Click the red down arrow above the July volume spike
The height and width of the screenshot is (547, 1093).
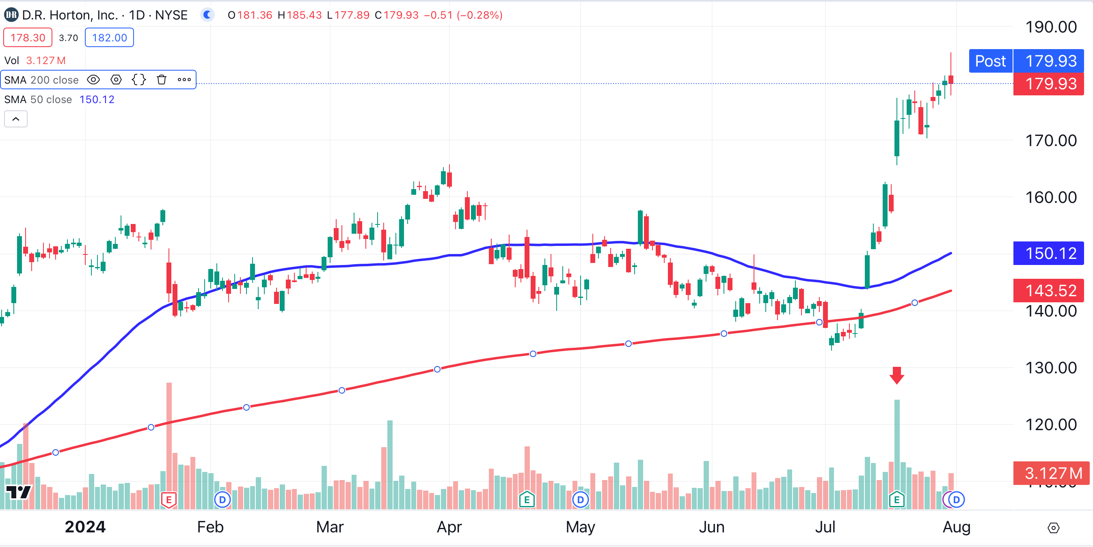point(896,375)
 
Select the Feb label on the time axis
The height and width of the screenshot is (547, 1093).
point(210,527)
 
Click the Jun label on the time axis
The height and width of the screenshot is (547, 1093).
point(712,527)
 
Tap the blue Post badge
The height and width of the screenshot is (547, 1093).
point(990,61)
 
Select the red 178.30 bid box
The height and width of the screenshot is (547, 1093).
point(28,38)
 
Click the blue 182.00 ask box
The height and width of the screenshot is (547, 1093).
point(110,38)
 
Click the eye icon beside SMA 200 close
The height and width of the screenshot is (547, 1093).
point(93,80)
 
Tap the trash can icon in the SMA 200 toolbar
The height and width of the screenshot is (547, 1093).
point(161,80)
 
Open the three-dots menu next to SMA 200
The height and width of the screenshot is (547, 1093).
point(184,80)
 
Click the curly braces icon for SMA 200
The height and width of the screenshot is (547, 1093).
point(139,80)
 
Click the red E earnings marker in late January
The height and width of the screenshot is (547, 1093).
point(169,500)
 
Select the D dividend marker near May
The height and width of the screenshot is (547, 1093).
point(580,500)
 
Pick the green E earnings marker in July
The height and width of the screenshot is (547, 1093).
point(896,500)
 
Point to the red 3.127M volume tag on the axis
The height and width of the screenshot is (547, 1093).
point(1050,473)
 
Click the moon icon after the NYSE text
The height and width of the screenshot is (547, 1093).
point(207,15)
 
